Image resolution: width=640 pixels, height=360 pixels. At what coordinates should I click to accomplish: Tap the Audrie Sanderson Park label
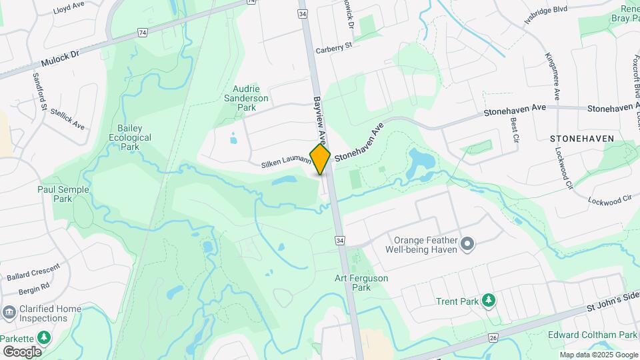tap(251, 98)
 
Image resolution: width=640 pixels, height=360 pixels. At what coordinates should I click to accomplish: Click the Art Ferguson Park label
tap(361, 283)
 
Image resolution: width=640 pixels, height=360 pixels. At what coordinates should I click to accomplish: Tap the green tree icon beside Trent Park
tap(489, 301)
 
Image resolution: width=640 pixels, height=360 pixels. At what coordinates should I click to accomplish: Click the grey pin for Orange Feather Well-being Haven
tap(467, 245)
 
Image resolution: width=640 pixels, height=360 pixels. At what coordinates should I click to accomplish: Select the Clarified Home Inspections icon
tap(9, 312)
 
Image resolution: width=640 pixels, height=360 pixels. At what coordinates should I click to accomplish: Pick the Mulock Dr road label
tap(59, 60)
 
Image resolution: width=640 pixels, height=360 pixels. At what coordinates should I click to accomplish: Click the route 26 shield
tap(493, 338)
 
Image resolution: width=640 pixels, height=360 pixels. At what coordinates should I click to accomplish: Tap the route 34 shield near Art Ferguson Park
tap(340, 240)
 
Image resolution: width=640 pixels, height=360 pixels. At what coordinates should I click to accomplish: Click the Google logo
tap(22, 351)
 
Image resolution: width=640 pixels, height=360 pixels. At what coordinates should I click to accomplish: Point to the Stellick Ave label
tap(69, 120)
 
